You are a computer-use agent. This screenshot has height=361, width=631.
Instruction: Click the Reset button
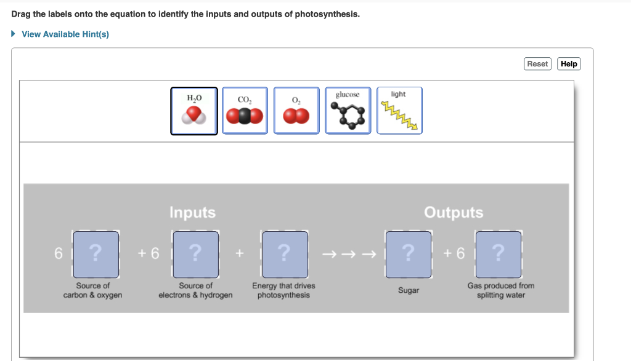pyautogui.click(x=537, y=64)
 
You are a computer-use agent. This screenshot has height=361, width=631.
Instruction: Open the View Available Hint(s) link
pyautogui.click(x=65, y=34)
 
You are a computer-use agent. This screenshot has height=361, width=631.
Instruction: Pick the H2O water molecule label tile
pyautogui.click(x=194, y=111)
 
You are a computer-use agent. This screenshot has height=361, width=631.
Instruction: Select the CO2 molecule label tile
pyautogui.click(x=245, y=111)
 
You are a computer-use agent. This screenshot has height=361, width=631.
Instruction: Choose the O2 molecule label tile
pyautogui.click(x=296, y=111)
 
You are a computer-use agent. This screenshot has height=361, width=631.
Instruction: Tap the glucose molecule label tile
pyautogui.click(x=348, y=111)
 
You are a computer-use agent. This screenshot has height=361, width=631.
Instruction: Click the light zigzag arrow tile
pyautogui.click(x=399, y=111)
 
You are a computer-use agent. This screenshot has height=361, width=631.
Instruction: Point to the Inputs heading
pyautogui.click(x=192, y=213)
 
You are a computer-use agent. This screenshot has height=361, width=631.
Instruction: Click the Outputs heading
pyautogui.click(x=454, y=213)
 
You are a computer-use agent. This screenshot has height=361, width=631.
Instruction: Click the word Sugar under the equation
pyautogui.click(x=408, y=290)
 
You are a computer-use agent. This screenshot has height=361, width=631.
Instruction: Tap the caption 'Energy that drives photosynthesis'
pyautogui.click(x=283, y=290)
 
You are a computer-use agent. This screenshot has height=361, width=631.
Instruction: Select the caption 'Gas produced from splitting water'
pyautogui.click(x=501, y=290)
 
